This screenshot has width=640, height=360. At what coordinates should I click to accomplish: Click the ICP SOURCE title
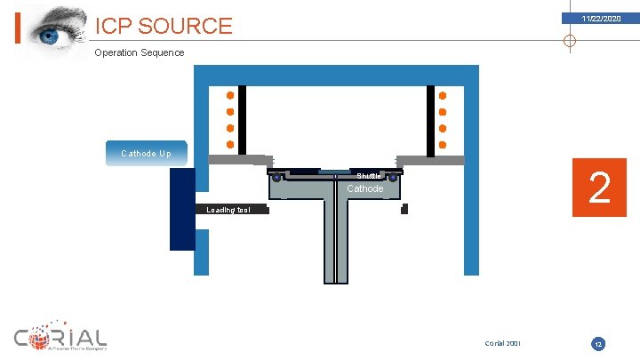164,26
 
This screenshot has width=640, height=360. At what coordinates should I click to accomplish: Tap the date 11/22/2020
601,19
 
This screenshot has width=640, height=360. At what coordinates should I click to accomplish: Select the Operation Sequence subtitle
140,52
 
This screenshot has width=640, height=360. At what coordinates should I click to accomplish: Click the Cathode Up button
146,154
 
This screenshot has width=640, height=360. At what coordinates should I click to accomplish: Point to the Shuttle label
369,175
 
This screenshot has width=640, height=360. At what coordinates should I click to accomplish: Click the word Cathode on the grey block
364,188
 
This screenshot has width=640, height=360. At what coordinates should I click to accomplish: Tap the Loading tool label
228,210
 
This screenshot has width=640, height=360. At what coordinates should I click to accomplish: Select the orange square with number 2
600,188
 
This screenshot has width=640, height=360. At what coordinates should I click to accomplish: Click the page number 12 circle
599,343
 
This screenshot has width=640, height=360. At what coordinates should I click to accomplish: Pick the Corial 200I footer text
504,343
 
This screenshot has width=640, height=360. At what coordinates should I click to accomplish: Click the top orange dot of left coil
230,95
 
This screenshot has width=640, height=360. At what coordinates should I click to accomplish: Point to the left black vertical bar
242,118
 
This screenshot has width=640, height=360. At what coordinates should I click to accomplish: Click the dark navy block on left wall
182,209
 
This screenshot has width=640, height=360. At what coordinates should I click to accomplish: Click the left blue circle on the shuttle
277,178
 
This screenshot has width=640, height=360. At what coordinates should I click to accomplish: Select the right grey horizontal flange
430,160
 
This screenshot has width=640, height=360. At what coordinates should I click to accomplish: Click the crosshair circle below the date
570,41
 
